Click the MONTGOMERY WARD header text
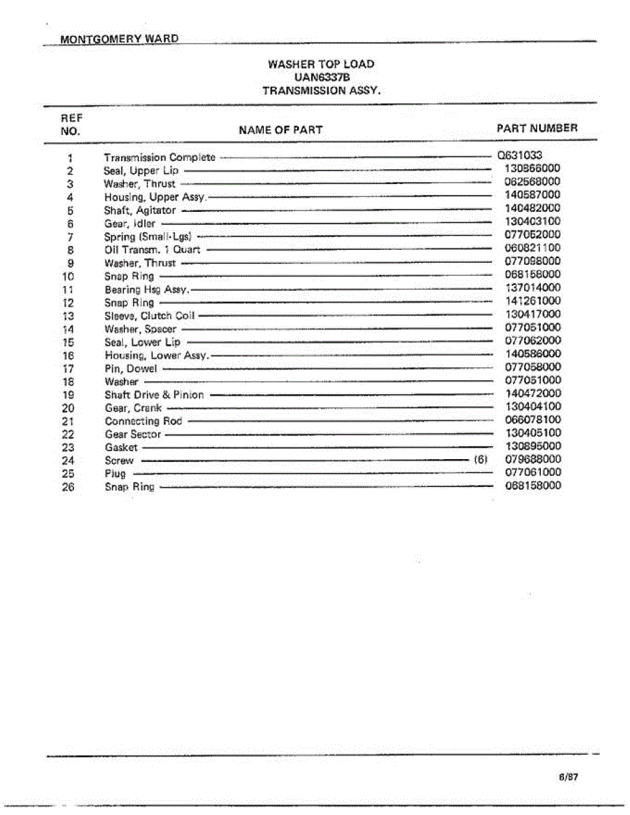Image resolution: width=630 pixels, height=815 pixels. pyautogui.click(x=120, y=39)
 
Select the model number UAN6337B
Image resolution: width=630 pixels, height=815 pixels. pyautogui.click(x=321, y=77)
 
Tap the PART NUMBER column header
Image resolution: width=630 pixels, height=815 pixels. pyautogui.click(x=537, y=128)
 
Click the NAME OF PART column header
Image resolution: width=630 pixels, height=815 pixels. pyautogui.click(x=281, y=130)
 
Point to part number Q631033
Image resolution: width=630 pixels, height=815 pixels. pyautogui.click(x=520, y=155)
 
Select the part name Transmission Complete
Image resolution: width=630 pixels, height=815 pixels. pyautogui.click(x=159, y=158)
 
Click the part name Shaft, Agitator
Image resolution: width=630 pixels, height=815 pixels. pyautogui.click(x=139, y=211)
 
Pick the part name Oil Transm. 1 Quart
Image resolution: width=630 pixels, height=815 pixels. pyautogui.click(x=152, y=250)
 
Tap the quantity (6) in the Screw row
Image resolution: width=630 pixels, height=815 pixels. pyautogui.click(x=480, y=459)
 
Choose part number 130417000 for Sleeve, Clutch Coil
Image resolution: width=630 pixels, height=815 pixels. pyautogui.click(x=533, y=314)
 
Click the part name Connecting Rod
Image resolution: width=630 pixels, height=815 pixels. pyautogui.click(x=143, y=421)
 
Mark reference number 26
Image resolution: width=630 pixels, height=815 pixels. pyautogui.click(x=68, y=487)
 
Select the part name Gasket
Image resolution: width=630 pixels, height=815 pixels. pyautogui.click(x=121, y=448)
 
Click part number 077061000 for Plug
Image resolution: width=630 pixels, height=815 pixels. pyautogui.click(x=533, y=472)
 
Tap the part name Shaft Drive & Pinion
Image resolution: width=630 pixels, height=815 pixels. pyautogui.click(x=154, y=395)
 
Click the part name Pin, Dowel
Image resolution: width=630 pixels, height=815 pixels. pyautogui.click(x=130, y=369)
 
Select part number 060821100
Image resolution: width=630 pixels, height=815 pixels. pyautogui.click(x=533, y=248)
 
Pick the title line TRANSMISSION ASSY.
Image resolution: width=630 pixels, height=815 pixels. pyautogui.click(x=321, y=90)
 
